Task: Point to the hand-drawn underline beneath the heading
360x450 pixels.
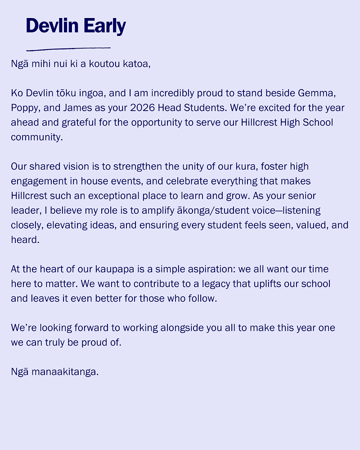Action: pos(68,48)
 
